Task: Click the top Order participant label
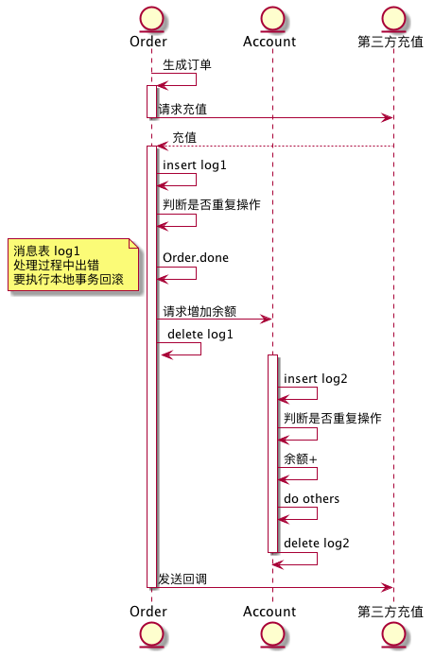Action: click(148, 42)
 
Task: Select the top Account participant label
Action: click(269, 42)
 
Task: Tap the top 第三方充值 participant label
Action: click(391, 42)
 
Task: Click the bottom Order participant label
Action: click(148, 612)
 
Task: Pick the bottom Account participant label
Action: click(269, 612)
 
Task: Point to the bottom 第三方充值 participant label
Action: click(391, 612)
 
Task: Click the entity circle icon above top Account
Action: click(270, 17)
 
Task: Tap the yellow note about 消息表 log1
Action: click(73, 266)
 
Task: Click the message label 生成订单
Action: click(187, 65)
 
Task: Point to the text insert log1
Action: click(194, 165)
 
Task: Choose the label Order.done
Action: click(195, 258)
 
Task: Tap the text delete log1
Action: click(200, 335)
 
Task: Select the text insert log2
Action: click(316, 379)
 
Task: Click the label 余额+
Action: click(301, 458)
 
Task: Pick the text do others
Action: click(311, 498)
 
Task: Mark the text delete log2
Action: click(317, 544)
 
